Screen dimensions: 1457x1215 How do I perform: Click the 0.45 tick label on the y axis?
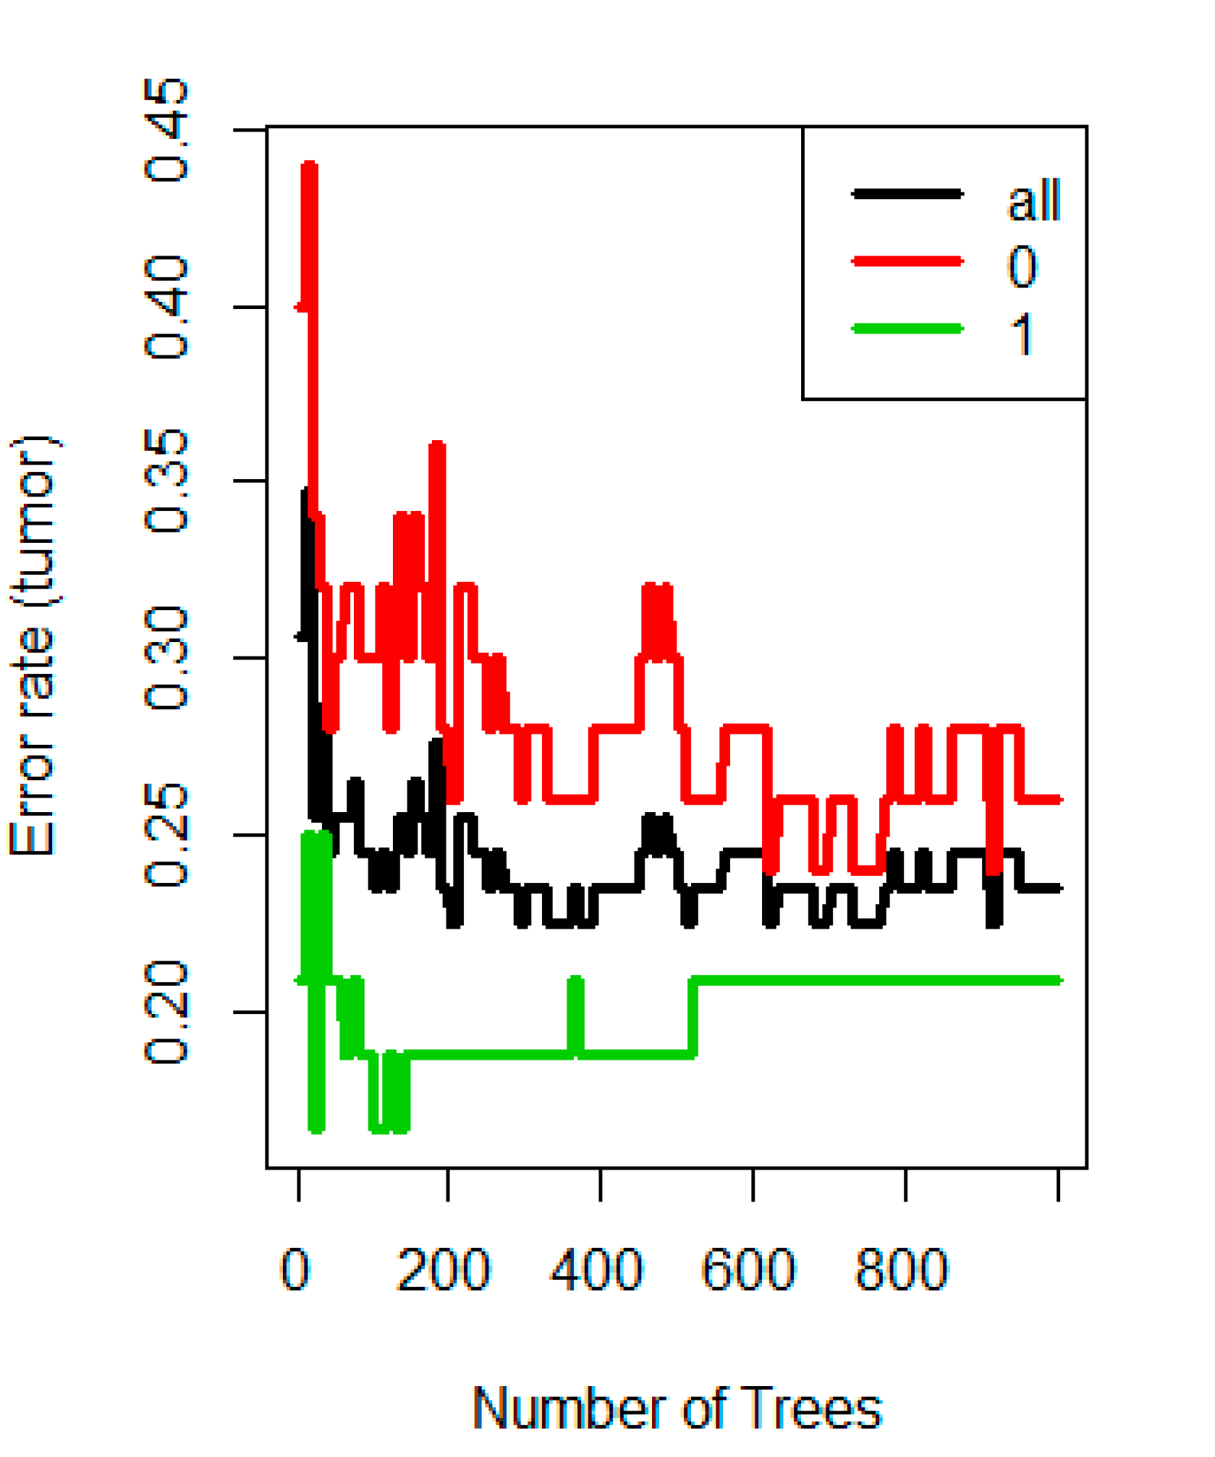(x=166, y=130)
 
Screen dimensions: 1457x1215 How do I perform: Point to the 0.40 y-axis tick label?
(x=166, y=308)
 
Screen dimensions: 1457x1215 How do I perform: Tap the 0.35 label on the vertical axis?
(x=166, y=481)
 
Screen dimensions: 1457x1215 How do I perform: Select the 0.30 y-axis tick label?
(x=166, y=658)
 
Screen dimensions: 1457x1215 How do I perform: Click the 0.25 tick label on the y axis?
(x=166, y=835)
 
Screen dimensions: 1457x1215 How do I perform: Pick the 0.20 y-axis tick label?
(x=166, y=1012)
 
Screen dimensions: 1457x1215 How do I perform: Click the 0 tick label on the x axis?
(x=295, y=1270)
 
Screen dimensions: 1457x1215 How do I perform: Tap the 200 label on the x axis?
(x=444, y=1270)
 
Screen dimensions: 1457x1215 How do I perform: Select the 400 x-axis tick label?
(x=597, y=1270)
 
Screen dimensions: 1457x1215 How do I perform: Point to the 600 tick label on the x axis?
(x=749, y=1270)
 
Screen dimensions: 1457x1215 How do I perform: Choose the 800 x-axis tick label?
(x=902, y=1270)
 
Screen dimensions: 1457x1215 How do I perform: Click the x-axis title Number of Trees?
(x=677, y=1409)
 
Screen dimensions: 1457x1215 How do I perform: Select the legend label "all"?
(x=1034, y=200)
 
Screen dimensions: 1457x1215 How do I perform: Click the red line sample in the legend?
(x=907, y=261)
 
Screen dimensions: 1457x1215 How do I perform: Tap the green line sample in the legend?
(x=907, y=329)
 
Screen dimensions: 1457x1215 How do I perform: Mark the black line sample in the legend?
(x=907, y=193)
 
